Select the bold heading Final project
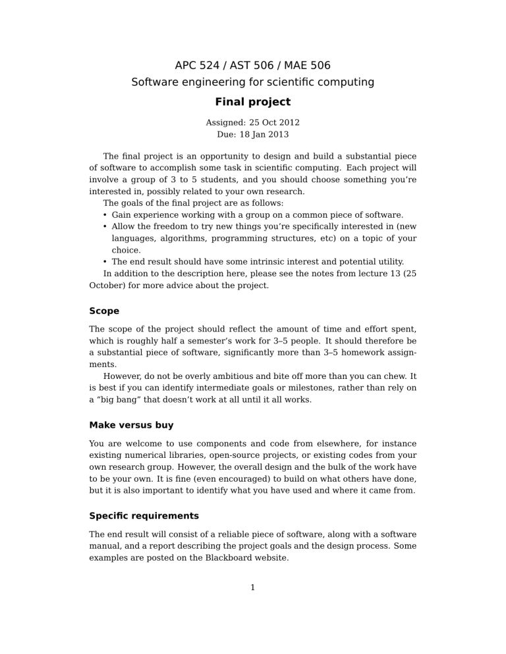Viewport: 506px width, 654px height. [x=252, y=102]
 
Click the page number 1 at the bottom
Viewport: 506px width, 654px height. [x=253, y=588]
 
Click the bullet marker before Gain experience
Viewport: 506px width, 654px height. [x=105, y=215]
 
